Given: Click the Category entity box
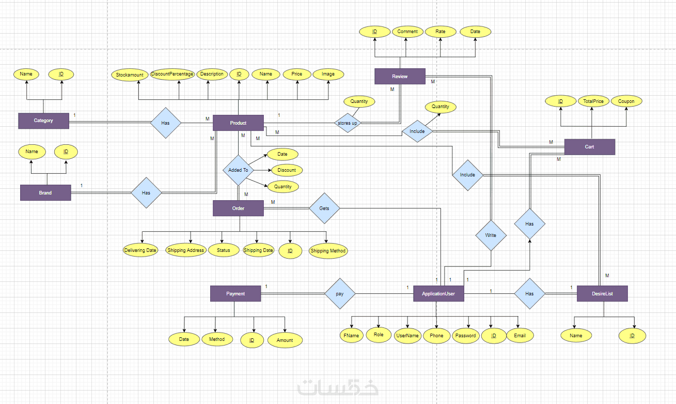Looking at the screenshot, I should (x=43, y=121).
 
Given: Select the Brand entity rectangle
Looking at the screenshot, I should (x=45, y=192).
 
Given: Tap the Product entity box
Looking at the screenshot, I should (x=238, y=123).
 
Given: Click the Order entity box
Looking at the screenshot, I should (x=238, y=208).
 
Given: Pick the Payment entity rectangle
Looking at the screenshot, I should (x=235, y=294).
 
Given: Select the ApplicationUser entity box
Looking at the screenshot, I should (x=438, y=294).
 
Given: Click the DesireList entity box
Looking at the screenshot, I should (x=602, y=293).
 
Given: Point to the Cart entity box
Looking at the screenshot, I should (x=589, y=147).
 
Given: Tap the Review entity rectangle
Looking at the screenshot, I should (x=400, y=76).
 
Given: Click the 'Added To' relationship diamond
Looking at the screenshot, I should (x=238, y=170).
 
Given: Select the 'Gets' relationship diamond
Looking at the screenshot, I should (x=324, y=208).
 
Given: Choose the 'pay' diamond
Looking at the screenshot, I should (x=340, y=294).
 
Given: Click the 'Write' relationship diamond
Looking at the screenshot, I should (x=491, y=235).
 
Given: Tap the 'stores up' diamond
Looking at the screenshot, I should (x=348, y=123).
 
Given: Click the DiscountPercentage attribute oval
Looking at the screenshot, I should (x=172, y=74).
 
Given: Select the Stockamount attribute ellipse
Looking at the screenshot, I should (x=130, y=74).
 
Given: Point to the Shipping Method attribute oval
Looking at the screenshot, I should (x=328, y=251).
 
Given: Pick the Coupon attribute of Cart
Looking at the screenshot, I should (x=626, y=101).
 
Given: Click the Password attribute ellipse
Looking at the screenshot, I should (x=465, y=335).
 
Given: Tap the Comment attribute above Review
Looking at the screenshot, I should (x=407, y=32).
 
